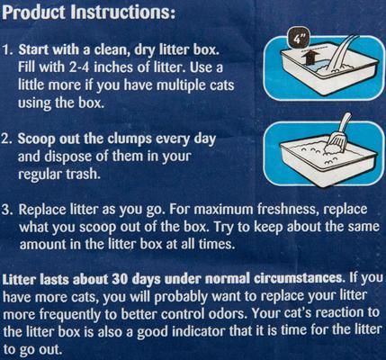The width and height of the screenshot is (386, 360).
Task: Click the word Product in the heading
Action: [33, 13]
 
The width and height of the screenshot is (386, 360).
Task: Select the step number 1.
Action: [7, 50]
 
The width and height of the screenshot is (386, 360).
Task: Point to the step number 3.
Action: [7, 210]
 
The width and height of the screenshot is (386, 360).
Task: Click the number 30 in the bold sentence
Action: [120, 279]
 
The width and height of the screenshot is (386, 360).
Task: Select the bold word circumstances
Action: [299, 279]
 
